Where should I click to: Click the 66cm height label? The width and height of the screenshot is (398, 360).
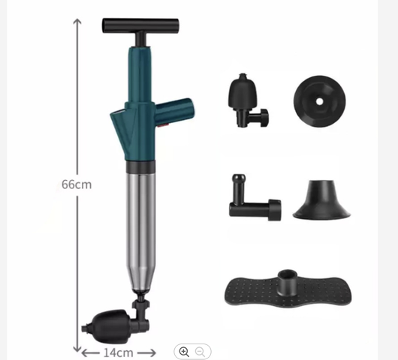coord(77,184)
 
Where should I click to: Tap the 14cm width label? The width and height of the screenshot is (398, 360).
coord(119,352)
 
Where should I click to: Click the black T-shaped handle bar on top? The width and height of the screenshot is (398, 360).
coord(140,25)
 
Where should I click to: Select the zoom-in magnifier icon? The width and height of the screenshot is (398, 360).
coord(184,352)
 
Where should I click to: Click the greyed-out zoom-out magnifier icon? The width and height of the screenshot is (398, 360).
coord(200,352)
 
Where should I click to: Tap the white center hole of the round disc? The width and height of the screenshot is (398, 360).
coord(319,102)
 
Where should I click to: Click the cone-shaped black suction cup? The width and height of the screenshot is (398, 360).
coord(321,199)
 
